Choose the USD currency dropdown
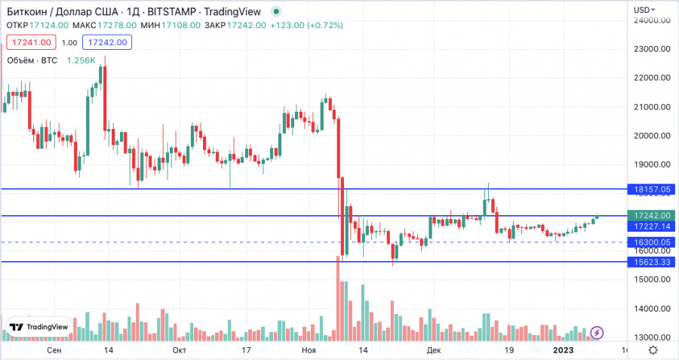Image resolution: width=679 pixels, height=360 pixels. (x=645, y=9)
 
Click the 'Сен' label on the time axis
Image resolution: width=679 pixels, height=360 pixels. (x=54, y=350)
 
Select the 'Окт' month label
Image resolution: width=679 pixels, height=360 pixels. (x=180, y=350)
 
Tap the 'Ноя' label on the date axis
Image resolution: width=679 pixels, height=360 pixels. (x=308, y=350)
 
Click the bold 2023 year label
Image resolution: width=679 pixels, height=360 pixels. (x=564, y=350)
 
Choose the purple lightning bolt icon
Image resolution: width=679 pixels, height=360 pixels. (x=597, y=332)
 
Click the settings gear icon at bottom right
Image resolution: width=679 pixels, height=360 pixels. (x=653, y=350)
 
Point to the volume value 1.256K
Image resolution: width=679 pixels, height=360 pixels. (x=81, y=60)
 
